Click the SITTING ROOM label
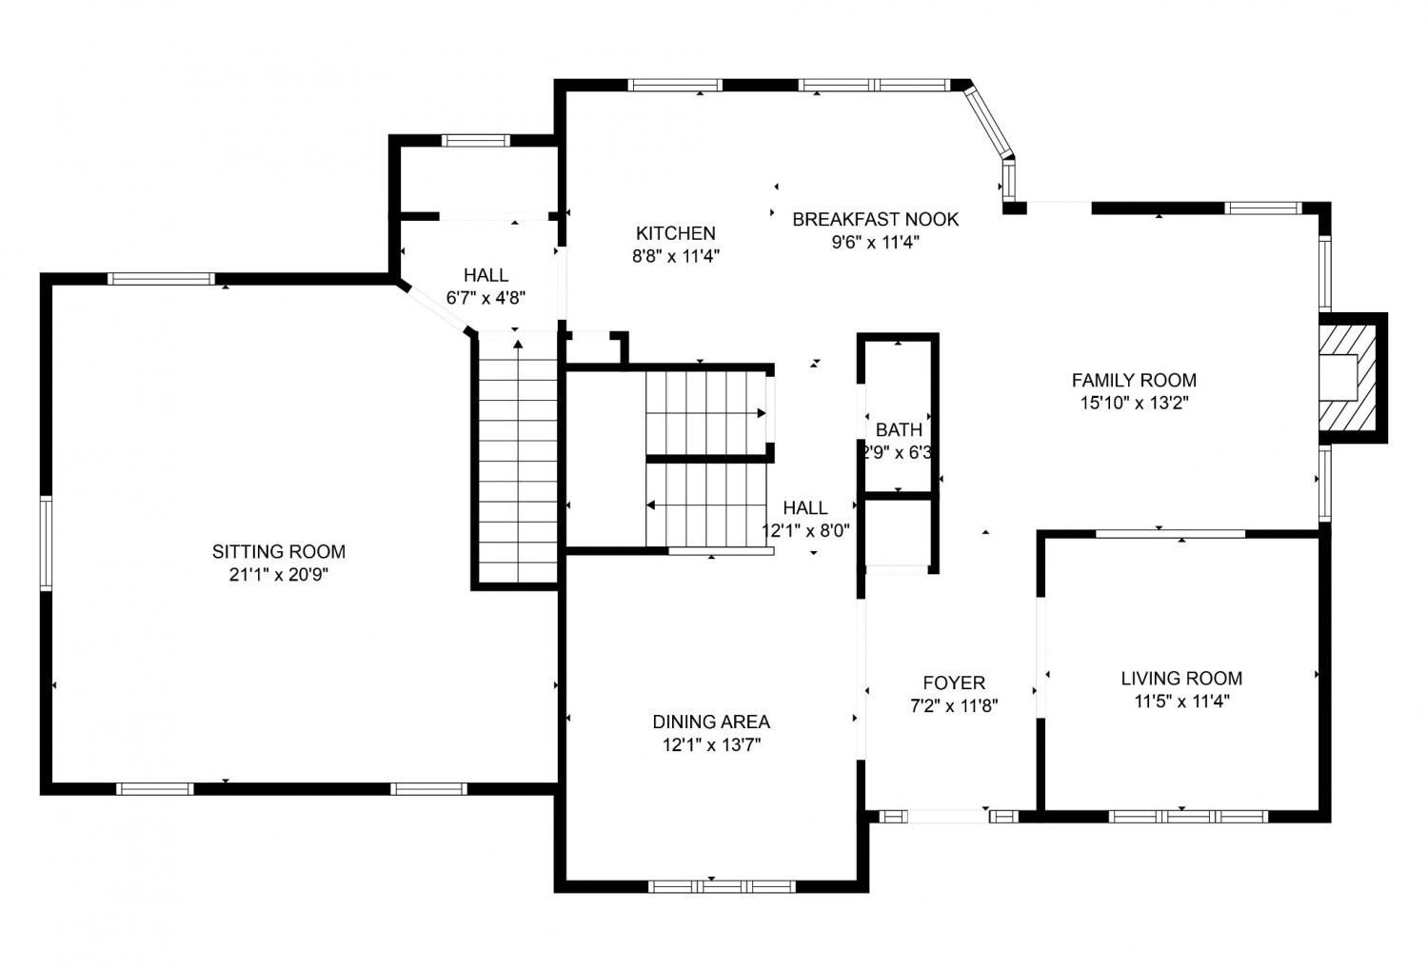(x=279, y=551)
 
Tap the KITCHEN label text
(x=676, y=232)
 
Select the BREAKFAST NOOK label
(x=875, y=219)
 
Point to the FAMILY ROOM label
(x=1134, y=381)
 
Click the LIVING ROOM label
(x=1181, y=678)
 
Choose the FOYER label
(x=954, y=683)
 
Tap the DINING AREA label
(x=711, y=722)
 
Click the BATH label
(x=899, y=429)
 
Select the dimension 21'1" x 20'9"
(x=279, y=575)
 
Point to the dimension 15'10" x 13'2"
(x=1134, y=404)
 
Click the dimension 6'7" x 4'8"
(x=486, y=298)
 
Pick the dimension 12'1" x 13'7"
(x=711, y=744)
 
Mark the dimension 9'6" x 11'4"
(x=875, y=242)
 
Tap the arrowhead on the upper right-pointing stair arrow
(x=762, y=413)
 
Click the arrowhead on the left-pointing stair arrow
(x=651, y=505)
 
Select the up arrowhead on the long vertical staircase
(x=518, y=345)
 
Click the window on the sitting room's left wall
(x=46, y=544)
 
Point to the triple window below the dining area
(x=722, y=886)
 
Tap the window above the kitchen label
(x=675, y=86)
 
